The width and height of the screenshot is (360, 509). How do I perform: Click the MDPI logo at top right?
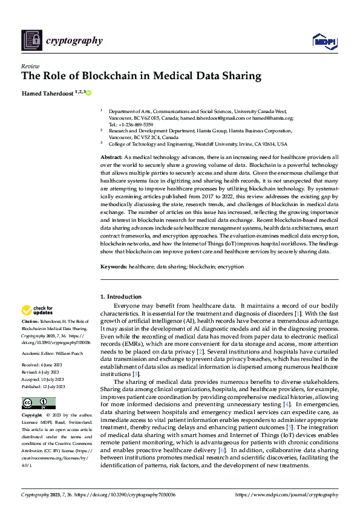coord(325,41)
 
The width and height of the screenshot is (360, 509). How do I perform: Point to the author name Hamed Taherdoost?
coord(47,93)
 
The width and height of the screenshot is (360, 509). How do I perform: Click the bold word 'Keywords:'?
coord(113,266)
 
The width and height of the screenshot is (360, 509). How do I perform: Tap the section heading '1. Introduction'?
coord(120,297)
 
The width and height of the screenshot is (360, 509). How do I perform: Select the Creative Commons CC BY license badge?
coord(38,403)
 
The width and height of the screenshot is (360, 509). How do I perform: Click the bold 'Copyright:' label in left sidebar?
coord(31,416)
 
